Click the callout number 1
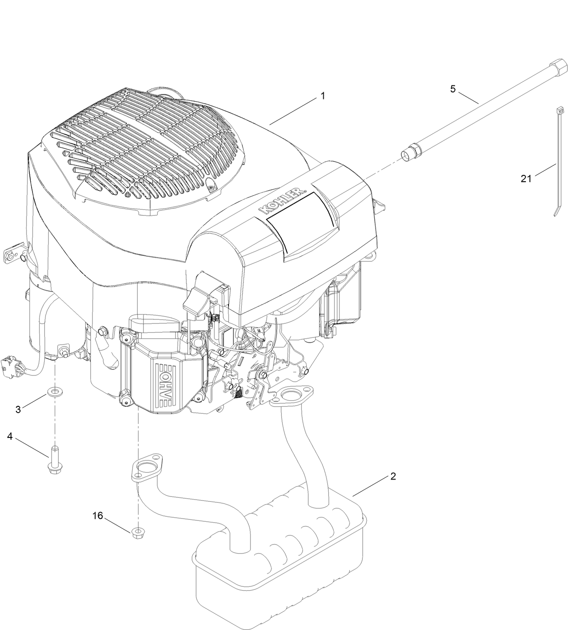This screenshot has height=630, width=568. coord(322,96)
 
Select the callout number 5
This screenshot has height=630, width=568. coord(453,89)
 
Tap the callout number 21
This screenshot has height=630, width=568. coord(526,179)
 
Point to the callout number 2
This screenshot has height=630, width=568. coord(393,476)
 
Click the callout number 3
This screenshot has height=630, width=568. coord(18,409)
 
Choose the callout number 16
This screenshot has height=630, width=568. coord(98,515)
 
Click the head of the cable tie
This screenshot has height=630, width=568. coord(560,109)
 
